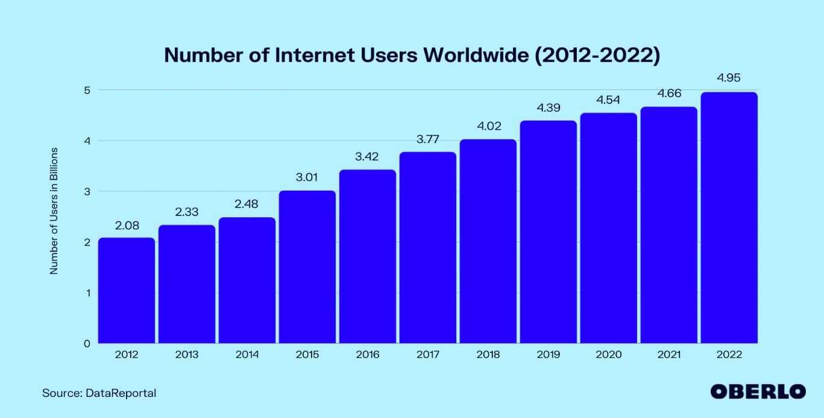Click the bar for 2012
[x=126, y=291]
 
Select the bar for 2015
[x=307, y=267]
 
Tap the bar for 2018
[x=488, y=241]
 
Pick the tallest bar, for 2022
[x=729, y=218]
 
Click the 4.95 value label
[x=729, y=78]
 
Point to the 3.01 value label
[x=307, y=177]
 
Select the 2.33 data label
[x=186, y=212]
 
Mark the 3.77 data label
[x=427, y=139]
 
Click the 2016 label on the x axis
[x=367, y=355]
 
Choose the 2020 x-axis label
[x=608, y=355]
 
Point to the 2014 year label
[x=247, y=355]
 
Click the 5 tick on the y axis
[x=87, y=90]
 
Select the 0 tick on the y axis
[x=87, y=343]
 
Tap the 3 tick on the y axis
[x=87, y=191]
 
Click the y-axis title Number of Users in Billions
[x=54, y=211]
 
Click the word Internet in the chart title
[x=309, y=55]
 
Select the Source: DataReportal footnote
[x=99, y=393]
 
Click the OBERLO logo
[x=758, y=391]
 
